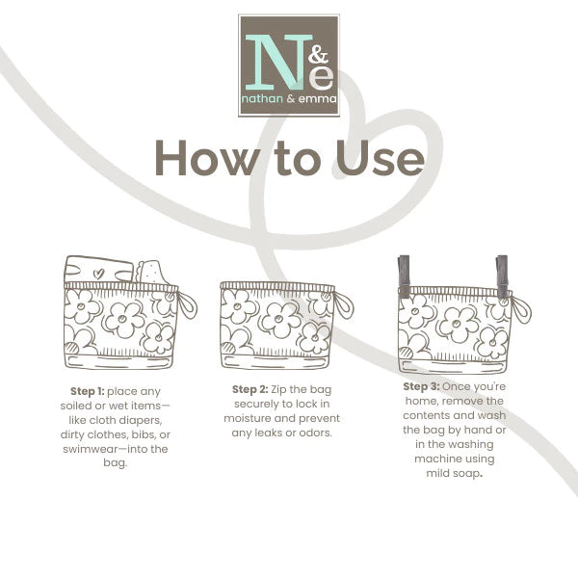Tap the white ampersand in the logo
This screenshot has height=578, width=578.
coord(318,55)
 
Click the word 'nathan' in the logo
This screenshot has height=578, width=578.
coord(262,99)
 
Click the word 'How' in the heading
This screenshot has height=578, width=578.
coord(205,158)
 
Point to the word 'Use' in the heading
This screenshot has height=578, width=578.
coord(380,158)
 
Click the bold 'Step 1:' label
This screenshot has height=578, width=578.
coord(88,391)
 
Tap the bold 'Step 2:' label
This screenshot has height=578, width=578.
coord(250,389)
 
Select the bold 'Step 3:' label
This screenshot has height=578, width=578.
coord(421,386)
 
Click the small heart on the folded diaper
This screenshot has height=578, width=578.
coord(98,274)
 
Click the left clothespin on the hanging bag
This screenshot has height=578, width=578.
coord(404,275)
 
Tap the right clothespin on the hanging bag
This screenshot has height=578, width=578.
coord(502,275)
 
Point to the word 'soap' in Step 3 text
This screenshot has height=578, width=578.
coord(467,473)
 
